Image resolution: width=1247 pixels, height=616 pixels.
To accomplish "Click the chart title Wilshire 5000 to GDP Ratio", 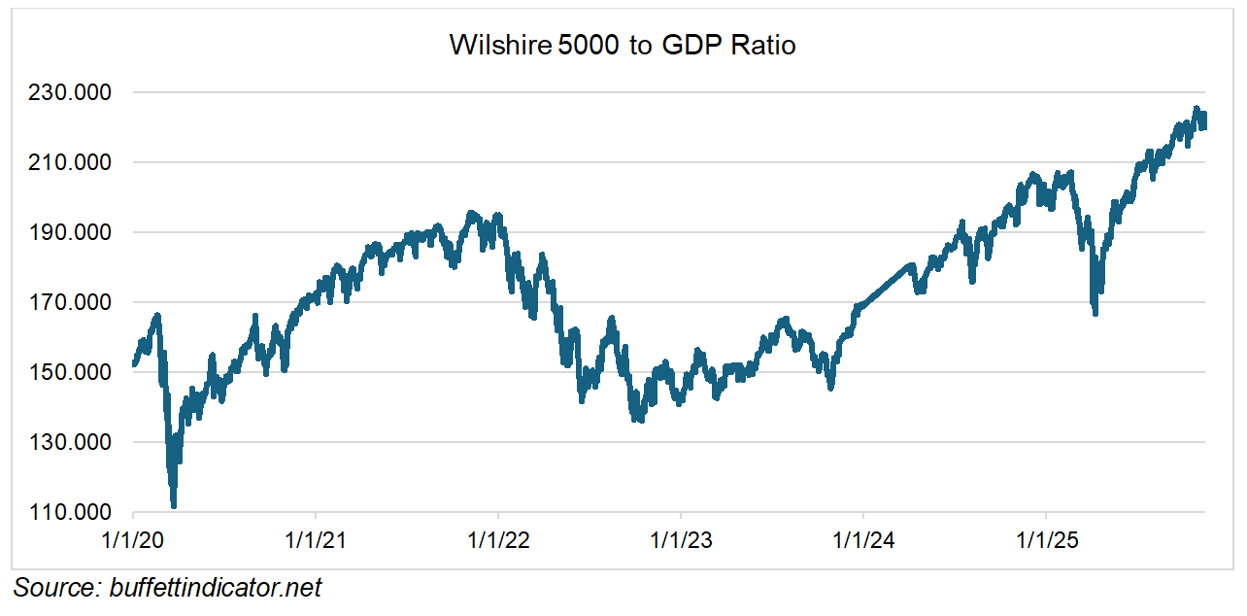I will (623, 45).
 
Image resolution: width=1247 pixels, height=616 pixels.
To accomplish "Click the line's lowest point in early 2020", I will (174, 505).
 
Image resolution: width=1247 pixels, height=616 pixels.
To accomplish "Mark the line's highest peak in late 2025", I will (1196, 109).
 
